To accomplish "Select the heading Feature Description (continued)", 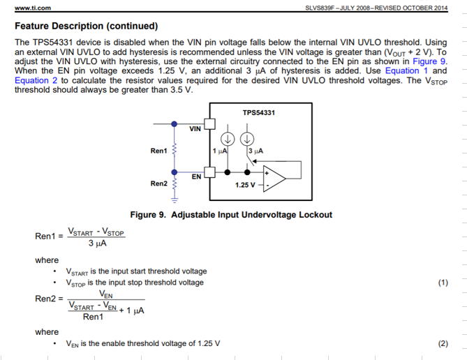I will (x=86, y=27).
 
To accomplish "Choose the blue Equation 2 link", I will (x=36, y=81).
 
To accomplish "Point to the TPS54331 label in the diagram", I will (x=258, y=113).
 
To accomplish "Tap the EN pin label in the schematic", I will (x=197, y=177).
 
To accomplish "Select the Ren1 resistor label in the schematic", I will (x=159, y=151).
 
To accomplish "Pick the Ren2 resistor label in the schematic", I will (x=159, y=183).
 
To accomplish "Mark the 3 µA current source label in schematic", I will (x=256, y=151).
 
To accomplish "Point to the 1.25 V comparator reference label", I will (x=246, y=185).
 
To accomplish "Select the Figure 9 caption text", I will (x=231, y=215).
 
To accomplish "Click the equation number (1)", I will (x=443, y=283).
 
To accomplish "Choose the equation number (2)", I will (x=443, y=344).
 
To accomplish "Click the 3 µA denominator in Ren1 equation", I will (x=96, y=243).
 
